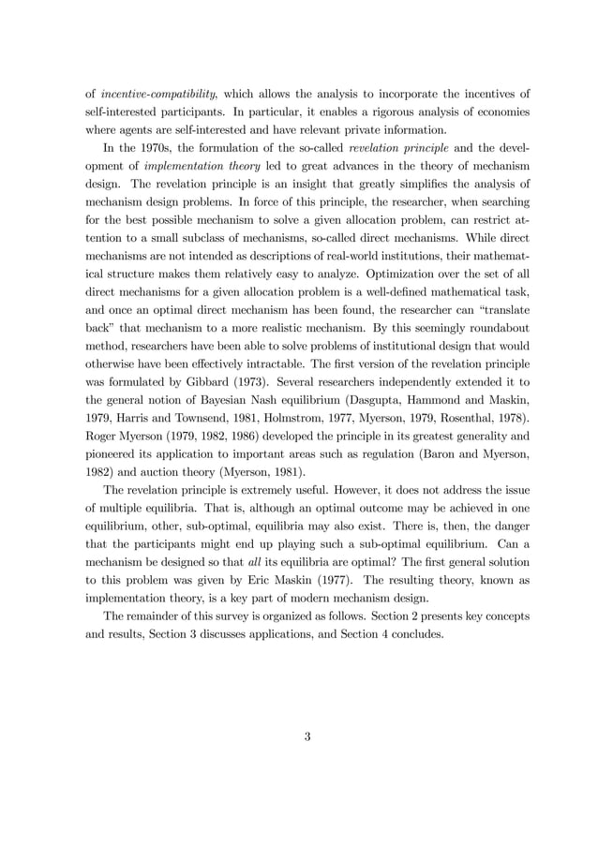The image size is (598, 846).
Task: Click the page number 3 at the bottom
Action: click(306, 736)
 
